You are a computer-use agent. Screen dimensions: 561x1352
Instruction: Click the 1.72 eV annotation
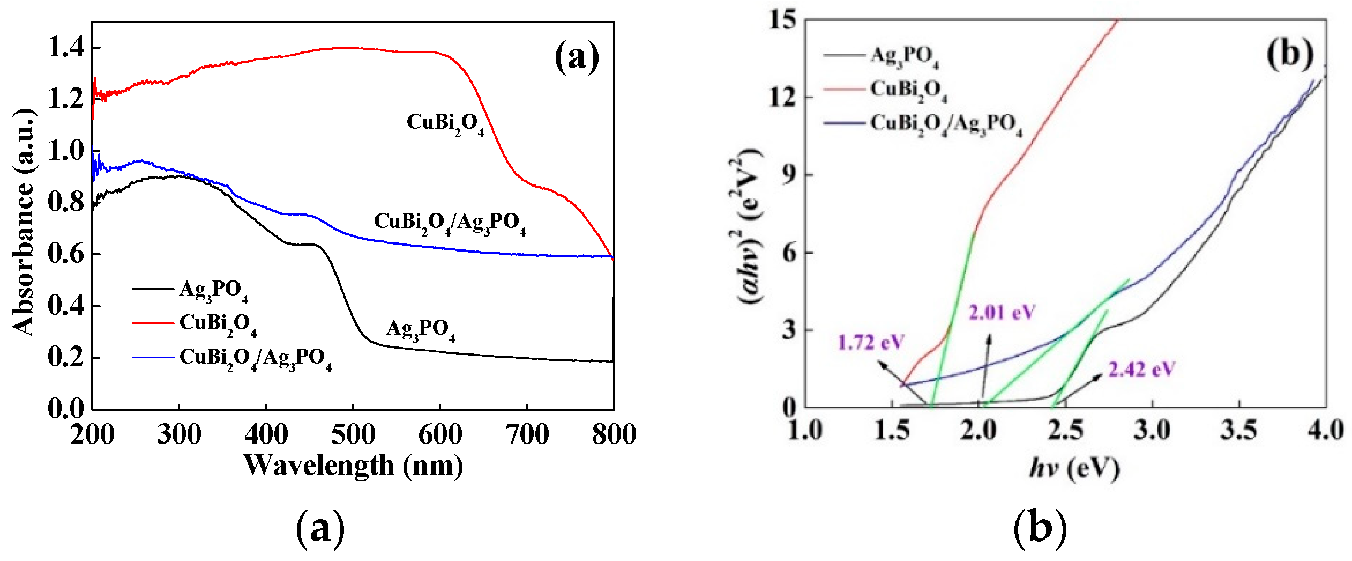click(870, 342)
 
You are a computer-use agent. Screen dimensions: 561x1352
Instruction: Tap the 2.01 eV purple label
click(1002, 312)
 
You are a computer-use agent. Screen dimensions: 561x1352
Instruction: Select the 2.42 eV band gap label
click(1141, 370)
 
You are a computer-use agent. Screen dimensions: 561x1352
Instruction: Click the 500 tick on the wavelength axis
click(353, 434)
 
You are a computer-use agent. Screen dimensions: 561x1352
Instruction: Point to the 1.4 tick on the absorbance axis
click(66, 48)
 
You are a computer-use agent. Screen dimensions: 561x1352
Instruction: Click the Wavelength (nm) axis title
click(353, 466)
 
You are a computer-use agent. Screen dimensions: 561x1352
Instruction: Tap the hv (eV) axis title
click(1074, 469)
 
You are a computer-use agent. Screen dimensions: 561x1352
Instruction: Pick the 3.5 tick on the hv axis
click(1239, 430)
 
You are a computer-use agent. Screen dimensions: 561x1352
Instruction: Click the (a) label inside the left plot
click(577, 57)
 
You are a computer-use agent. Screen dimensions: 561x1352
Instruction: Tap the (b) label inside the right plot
click(1290, 54)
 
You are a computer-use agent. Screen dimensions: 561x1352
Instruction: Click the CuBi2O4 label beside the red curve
click(445, 123)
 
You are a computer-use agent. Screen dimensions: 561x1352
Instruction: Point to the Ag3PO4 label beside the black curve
click(421, 329)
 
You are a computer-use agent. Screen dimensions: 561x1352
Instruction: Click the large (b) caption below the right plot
click(1040, 528)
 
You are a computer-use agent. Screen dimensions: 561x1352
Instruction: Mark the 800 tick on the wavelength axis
click(614, 434)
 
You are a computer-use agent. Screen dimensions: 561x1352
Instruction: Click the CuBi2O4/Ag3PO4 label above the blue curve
click(449, 223)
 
